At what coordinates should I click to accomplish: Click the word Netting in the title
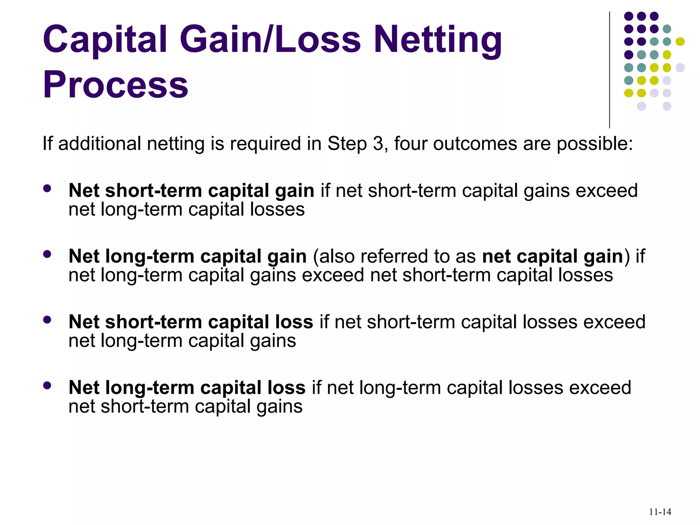click(438, 40)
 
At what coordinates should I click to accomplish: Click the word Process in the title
click(116, 84)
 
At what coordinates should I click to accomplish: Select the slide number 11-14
click(660, 512)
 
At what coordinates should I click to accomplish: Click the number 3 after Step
click(378, 144)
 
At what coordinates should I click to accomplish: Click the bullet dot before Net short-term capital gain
click(47, 188)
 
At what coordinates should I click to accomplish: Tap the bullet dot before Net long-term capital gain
click(47, 254)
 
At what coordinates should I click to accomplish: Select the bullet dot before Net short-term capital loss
click(47, 320)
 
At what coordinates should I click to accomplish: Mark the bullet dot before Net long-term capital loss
click(47, 385)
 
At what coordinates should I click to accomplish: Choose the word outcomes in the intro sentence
click(475, 144)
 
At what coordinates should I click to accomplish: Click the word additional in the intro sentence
click(99, 144)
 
